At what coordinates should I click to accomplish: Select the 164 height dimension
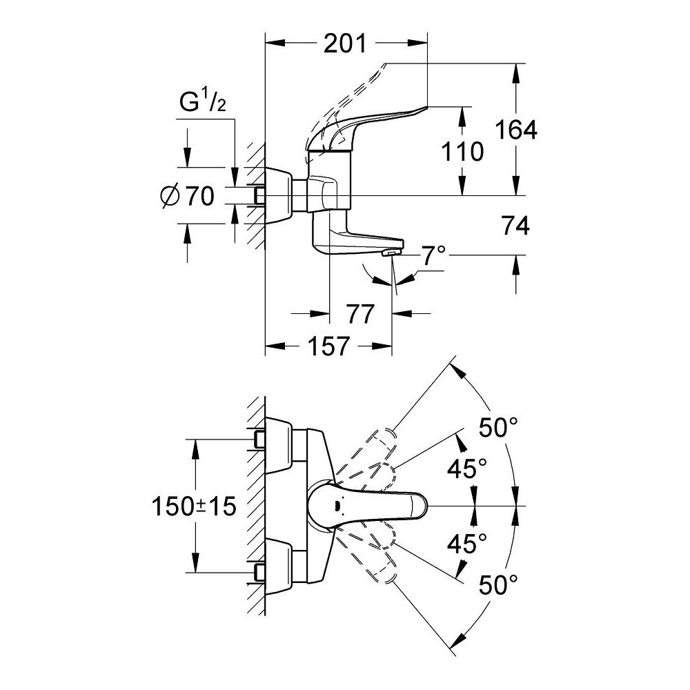pyautogui.click(x=514, y=129)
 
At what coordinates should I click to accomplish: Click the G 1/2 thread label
pyautogui.click(x=203, y=103)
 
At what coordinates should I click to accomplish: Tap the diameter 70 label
pyautogui.click(x=187, y=197)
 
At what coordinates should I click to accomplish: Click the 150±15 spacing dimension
pyautogui.click(x=194, y=506)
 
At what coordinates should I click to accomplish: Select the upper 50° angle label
pyautogui.click(x=498, y=429)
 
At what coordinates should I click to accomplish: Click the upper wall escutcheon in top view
pyautogui.click(x=279, y=445)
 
